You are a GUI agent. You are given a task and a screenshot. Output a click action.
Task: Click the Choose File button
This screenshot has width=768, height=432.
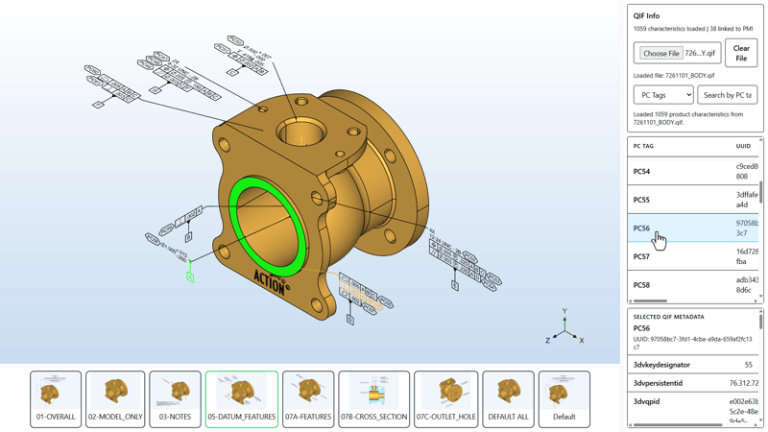tap(660, 54)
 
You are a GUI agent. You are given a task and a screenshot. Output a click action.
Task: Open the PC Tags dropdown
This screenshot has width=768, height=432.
tap(662, 95)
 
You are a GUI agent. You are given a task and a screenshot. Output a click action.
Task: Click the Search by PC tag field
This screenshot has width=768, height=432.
tap(727, 95)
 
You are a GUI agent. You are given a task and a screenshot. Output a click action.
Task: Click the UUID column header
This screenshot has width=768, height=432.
tap(743, 146)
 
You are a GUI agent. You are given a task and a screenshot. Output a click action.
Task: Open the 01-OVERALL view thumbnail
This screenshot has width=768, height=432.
tap(56, 398)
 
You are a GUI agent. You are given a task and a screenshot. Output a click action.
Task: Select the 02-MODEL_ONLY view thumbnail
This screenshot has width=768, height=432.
tap(115, 398)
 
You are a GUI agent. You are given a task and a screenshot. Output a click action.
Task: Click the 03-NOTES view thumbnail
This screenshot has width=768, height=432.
tap(175, 398)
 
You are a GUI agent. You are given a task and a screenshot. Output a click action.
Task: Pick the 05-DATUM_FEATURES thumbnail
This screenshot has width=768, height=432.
tap(242, 398)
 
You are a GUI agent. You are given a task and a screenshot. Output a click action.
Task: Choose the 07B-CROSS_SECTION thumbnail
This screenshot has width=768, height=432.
tap(373, 398)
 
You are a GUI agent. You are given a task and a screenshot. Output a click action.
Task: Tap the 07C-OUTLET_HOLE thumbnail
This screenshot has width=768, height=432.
tap(446, 398)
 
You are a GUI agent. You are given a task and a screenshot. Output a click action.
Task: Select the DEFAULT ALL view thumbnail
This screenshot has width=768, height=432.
tap(508, 398)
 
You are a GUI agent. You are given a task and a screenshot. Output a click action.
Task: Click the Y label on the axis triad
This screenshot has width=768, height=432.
tap(564, 312)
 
